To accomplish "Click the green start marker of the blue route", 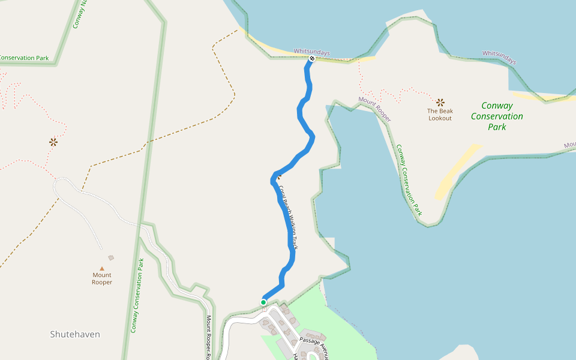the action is (x=263, y=302).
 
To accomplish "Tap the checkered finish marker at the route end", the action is (x=312, y=59).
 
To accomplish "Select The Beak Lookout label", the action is (x=440, y=115).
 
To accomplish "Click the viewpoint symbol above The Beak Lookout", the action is (x=440, y=102).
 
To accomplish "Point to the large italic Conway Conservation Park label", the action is (x=497, y=116).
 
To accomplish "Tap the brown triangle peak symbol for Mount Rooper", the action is (x=102, y=269).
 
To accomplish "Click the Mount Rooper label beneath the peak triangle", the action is (x=102, y=278).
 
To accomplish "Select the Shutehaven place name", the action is (x=75, y=334).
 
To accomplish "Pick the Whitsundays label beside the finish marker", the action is (x=311, y=52).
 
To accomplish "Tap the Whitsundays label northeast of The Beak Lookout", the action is (x=499, y=58).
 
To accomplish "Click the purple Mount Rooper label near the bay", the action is (x=375, y=109).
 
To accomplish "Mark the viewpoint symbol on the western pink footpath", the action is (x=53, y=142).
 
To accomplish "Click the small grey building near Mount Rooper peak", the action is (x=111, y=258).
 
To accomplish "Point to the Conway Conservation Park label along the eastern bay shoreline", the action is (x=408, y=180).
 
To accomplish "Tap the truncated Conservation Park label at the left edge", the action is (x=24, y=58).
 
